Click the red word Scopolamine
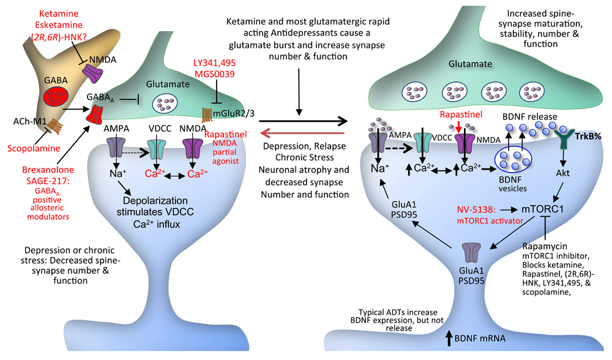pos(34,148)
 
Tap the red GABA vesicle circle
pos(56,97)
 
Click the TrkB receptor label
pos(588,137)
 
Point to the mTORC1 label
pos(542,209)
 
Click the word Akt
pos(563,173)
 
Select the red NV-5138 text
pos(476,209)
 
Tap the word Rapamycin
pos(545,246)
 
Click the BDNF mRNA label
pos(480,339)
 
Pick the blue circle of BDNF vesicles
pos(513,159)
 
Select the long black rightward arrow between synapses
pos(304,121)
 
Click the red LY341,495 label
pos(214,63)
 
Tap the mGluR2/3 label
pos(234,114)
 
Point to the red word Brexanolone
pos(48,170)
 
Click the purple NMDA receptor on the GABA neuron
pos(94,73)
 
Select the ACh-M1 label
pos(29,121)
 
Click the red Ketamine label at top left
pos(59,13)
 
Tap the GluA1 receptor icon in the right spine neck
pos(471,253)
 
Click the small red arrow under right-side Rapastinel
pos(458,127)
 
